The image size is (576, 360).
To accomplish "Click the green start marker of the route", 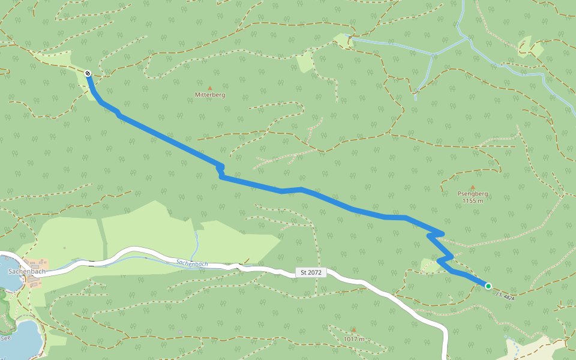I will click(488, 286).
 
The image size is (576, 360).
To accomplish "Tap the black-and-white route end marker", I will click(88, 74).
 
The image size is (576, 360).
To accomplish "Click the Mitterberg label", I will click(210, 95).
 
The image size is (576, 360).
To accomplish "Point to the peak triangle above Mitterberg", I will click(210, 88).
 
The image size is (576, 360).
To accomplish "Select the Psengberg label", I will click(473, 194).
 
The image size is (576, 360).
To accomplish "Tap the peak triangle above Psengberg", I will click(473, 187).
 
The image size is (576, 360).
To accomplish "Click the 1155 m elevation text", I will click(473, 201).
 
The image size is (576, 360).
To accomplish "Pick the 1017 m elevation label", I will click(354, 339).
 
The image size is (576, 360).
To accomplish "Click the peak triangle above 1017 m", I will click(354, 330).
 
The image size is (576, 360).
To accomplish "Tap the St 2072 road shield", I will click(311, 272).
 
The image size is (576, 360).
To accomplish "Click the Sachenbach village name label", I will click(27, 271).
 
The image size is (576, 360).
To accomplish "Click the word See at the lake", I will click(6, 338).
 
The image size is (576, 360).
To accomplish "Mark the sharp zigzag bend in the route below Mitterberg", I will click(221, 171).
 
